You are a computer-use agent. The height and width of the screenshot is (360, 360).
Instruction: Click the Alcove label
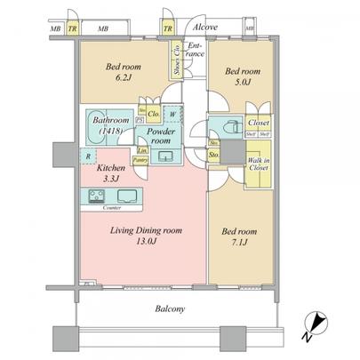[204, 28]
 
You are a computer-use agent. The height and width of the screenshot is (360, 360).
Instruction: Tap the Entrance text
[196, 50]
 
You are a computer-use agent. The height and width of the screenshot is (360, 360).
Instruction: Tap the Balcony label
[167, 308]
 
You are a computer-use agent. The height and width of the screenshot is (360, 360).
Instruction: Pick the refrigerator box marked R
[88, 156]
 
